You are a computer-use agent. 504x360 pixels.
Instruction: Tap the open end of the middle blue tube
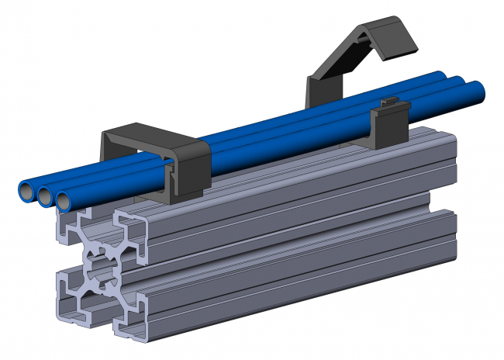46,195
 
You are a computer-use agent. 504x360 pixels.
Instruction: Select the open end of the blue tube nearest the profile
65,201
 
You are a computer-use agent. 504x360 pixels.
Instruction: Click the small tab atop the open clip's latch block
391,102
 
